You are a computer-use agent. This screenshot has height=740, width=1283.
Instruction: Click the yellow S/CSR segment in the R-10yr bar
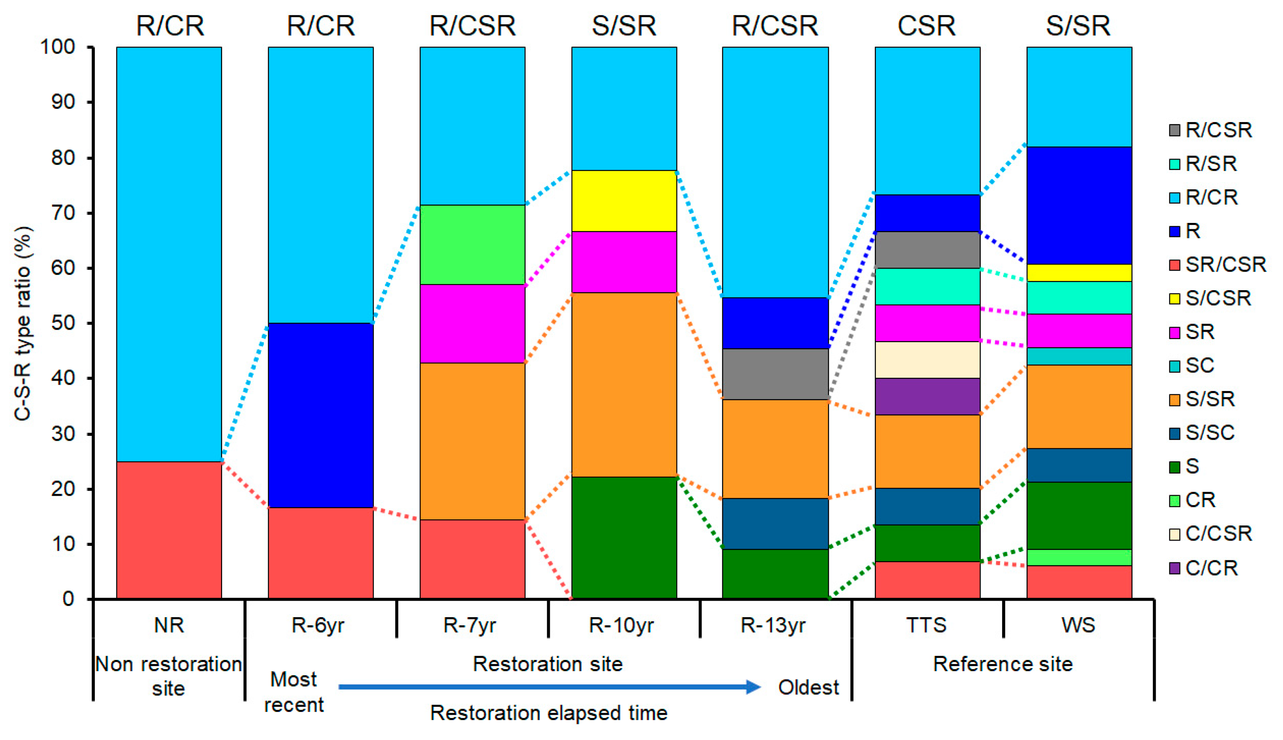coord(624,201)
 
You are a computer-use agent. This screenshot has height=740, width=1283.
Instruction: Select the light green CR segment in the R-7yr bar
coord(472,245)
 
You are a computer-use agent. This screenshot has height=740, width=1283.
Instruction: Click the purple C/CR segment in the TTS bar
coord(927,397)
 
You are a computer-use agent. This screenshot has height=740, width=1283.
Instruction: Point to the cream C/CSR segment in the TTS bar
coord(927,360)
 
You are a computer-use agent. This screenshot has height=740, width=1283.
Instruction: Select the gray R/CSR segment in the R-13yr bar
coord(776,374)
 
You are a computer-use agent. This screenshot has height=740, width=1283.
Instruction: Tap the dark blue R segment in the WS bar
coord(1079,205)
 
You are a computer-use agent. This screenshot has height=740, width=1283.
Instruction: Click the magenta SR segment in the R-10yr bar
coord(624,262)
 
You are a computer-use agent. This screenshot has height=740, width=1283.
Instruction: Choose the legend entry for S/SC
coord(1209,433)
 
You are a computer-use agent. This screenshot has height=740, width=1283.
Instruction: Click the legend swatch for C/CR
coord(1174,568)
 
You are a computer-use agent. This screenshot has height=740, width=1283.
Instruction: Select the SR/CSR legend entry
coord(1225,264)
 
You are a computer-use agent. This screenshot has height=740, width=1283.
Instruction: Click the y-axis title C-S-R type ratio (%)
coord(23,323)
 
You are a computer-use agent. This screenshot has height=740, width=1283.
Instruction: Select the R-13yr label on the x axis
coord(773,625)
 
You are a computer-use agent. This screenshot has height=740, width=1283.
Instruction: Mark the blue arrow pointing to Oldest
coord(549,687)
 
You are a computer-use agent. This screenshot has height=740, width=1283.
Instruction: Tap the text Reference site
coord(1002,664)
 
